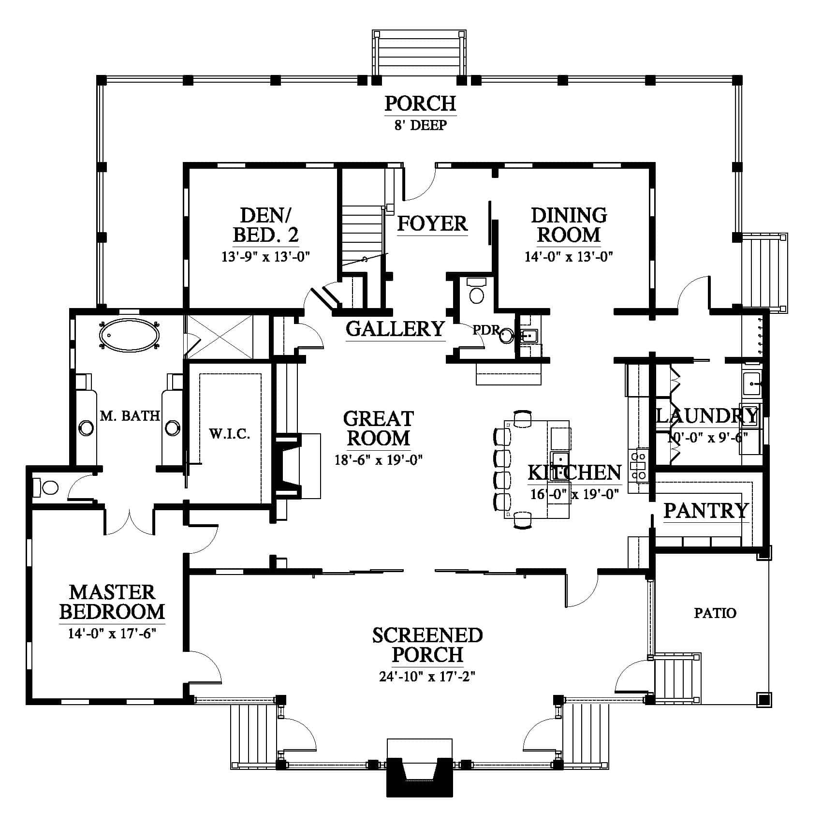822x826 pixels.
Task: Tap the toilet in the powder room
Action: (477, 291)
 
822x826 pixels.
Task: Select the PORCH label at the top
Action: (420, 103)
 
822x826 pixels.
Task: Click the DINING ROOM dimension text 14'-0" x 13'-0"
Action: (569, 256)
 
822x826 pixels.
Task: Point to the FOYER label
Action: (432, 223)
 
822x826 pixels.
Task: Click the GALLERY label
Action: (395, 329)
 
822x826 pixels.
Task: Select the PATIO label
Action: (715, 613)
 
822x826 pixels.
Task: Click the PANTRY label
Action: (706, 511)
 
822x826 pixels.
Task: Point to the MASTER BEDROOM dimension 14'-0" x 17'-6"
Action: (112, 634)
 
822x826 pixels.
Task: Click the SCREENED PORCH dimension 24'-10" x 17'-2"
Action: (427, 676)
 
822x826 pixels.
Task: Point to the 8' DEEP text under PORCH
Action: (420, 125)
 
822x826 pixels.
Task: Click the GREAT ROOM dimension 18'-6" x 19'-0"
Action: (379, 459)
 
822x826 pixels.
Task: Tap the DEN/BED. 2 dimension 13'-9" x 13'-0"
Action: (265, 256)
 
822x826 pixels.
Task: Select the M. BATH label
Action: (130, 415)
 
